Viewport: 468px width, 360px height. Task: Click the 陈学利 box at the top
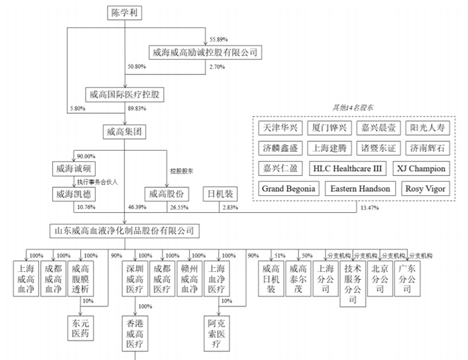124,13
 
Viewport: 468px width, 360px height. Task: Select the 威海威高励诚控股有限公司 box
205,52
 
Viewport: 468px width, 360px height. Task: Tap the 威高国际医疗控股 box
125,95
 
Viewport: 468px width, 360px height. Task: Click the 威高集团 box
124,132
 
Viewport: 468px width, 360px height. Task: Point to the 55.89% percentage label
219,39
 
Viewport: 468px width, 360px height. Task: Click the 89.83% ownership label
137,108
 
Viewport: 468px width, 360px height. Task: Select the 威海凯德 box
74,194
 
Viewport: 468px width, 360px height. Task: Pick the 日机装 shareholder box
220,194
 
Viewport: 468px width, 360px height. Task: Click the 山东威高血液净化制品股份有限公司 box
124,231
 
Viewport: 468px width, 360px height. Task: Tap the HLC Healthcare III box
348,169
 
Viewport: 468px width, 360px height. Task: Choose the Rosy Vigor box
425,189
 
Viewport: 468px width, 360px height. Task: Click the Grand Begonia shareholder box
289,189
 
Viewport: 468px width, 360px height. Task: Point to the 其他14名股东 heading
352,108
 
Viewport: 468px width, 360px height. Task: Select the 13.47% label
370,208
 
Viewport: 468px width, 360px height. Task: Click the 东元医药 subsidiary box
81,328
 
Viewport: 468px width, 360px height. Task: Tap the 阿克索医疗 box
217,333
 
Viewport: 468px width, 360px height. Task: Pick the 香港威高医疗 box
135,333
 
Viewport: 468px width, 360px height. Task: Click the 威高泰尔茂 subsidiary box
298,278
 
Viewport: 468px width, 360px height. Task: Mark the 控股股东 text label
181,171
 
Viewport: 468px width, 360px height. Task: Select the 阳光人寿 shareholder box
427,128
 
